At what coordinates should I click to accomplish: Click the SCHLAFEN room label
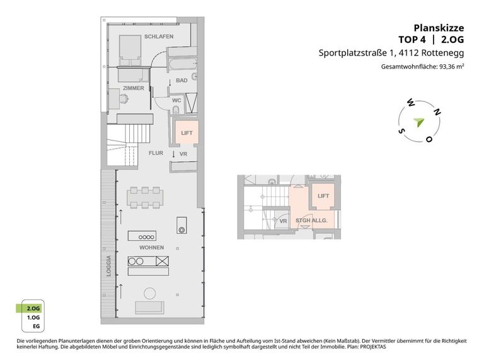159,37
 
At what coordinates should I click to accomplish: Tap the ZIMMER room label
134,88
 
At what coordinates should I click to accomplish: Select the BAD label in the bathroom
181,80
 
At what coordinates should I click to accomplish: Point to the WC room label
176,100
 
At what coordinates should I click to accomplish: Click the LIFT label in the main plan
187,133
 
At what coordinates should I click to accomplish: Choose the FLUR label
156,153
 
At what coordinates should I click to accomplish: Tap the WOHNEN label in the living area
151,248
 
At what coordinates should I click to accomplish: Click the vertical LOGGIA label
108,266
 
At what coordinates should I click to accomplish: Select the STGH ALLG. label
311,221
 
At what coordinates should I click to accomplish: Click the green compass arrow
419,122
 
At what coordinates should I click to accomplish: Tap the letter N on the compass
437,112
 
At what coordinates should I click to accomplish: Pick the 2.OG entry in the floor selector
33,308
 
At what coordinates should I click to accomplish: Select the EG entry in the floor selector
37,326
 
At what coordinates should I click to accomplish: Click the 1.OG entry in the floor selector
33,318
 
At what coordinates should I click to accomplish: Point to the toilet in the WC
176,110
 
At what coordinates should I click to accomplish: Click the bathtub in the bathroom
183,64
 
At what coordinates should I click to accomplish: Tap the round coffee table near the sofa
151,293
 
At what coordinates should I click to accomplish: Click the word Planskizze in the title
439,28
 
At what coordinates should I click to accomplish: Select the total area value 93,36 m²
452,67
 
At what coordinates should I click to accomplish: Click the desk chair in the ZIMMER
124,99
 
